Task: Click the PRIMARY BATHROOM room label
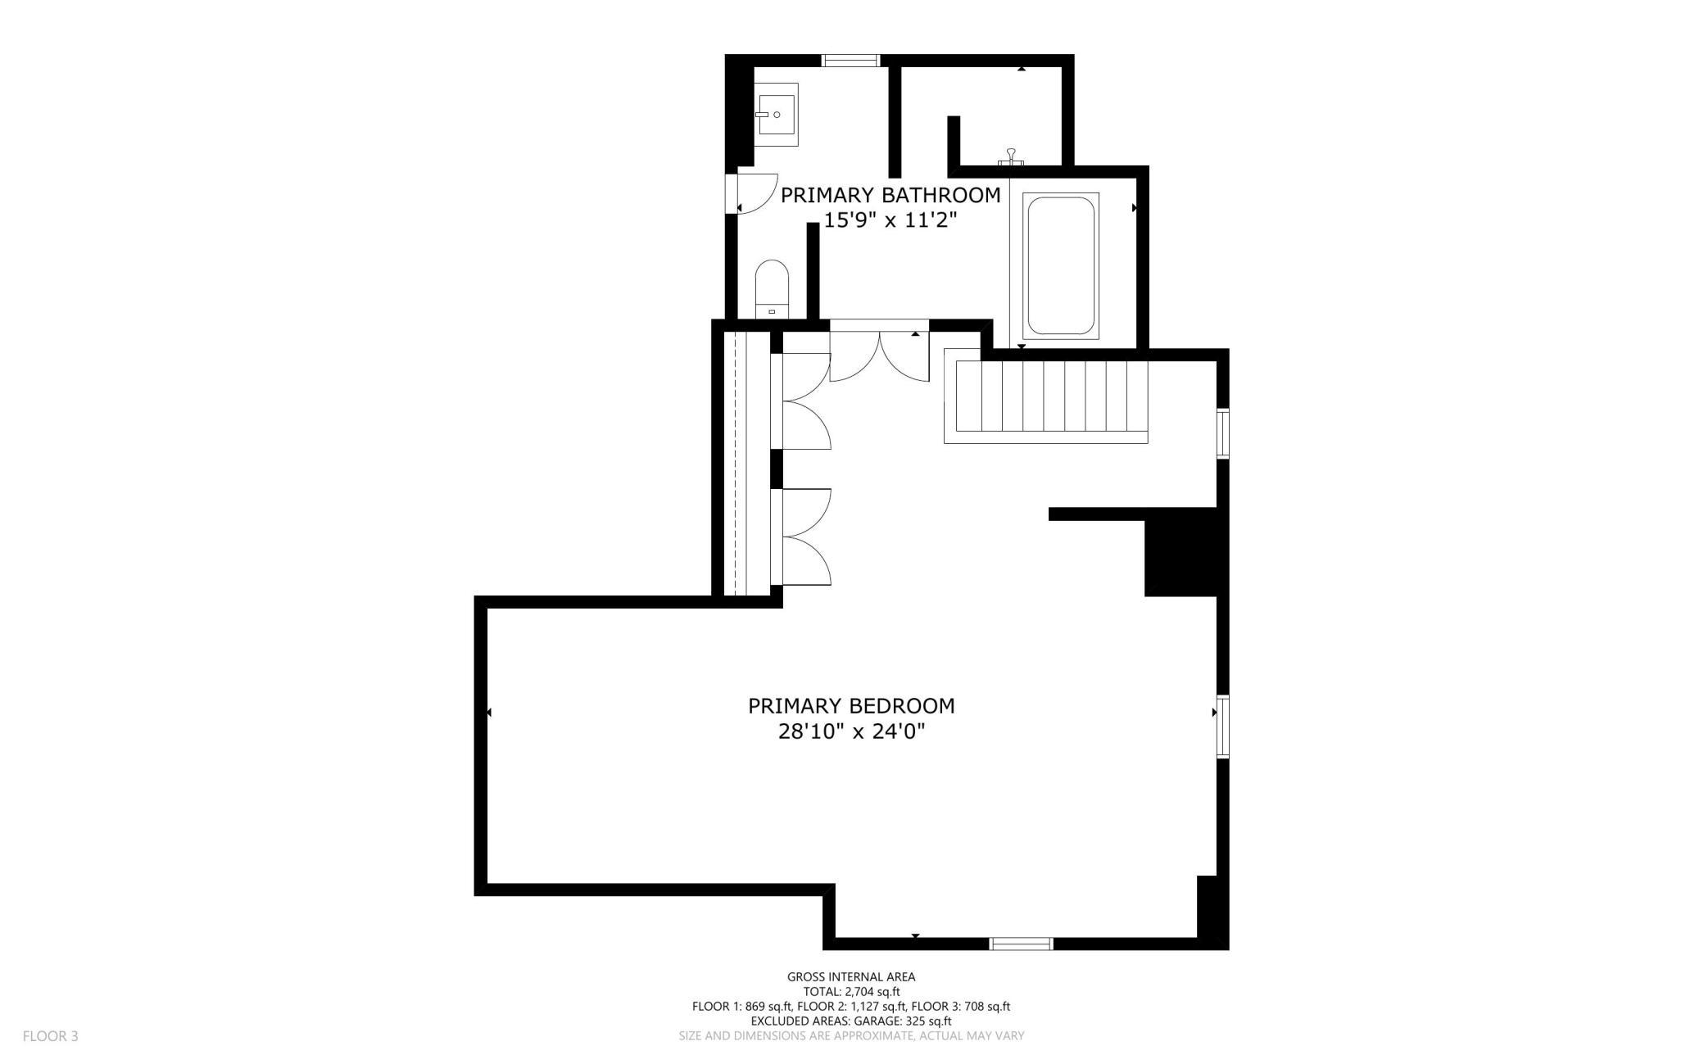[891, 195]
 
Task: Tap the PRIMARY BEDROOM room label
[851, 705]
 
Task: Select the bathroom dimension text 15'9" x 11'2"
[891, 220]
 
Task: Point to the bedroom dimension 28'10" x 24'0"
[851, 731]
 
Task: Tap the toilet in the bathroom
[771, 289]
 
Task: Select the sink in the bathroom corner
[776, 115]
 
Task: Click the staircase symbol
[1046, 396]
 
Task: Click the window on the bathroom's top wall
[851, 60]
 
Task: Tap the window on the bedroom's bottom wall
[1022, 944]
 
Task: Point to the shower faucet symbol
[1012, 156]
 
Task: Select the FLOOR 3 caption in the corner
[50, 1036]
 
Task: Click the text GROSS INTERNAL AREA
[851, 976]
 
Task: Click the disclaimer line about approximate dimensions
[851, 1035]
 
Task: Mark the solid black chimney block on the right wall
[1181, 552]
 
